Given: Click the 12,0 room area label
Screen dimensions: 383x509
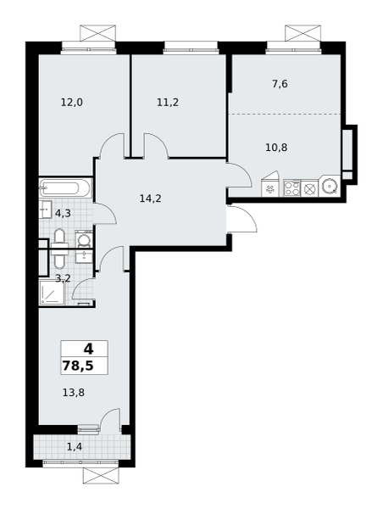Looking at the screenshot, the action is tap(72, 103).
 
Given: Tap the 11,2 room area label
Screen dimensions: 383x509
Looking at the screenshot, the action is tap(168, 103).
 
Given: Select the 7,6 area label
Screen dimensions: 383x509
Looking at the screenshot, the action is tap(280, 84).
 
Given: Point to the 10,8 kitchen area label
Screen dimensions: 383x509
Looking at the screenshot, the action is tap(276, 148).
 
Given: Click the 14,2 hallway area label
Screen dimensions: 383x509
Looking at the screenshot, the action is tap(151, 198).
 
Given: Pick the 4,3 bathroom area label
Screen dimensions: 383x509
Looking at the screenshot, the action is tap(63, 213).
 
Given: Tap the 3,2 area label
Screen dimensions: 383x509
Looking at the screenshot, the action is tap(63, 278).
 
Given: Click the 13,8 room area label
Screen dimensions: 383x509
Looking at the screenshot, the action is tap(74, 393).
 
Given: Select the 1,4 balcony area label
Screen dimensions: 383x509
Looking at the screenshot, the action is tap(75, 447).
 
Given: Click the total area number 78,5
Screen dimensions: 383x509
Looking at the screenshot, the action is tap(78, 366).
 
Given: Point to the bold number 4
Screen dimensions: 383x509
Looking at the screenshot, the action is tap(88, 350).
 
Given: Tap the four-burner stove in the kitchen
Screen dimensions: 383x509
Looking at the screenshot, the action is tap(292, 188).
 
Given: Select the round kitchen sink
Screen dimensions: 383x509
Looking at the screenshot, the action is tap(330, 187).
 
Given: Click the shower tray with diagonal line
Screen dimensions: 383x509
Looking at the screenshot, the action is tap(52, 294).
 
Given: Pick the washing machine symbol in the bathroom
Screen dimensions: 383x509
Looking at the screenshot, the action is tap(85, 240).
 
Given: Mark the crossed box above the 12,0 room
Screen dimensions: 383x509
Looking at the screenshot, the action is tap(98, 33).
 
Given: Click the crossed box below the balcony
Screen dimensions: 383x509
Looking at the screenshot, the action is tap(101, 476).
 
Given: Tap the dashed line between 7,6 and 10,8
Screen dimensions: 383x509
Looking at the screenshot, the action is tap(285, 114).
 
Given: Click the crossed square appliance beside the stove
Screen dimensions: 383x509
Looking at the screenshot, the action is tap(310, 188).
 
